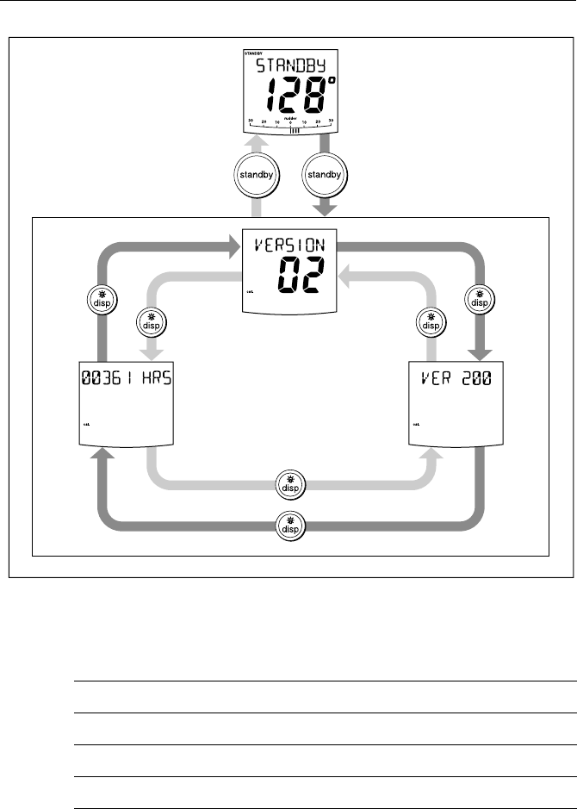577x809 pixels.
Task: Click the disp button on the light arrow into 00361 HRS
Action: tap(151, 322)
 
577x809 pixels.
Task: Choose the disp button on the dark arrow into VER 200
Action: tap(476, 298)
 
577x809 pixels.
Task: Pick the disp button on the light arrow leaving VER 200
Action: tap(428, 322)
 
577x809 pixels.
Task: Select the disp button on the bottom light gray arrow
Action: tap(288, 484)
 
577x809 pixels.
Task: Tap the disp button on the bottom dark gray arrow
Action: tap(288, 524)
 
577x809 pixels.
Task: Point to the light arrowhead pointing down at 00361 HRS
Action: tap(151, 354)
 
